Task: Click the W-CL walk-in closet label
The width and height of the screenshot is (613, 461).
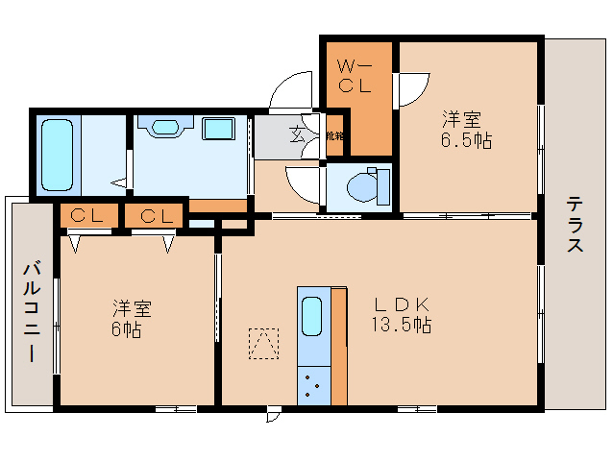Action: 353,76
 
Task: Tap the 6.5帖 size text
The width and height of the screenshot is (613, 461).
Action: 467,141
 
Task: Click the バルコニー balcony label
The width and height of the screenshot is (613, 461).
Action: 31,310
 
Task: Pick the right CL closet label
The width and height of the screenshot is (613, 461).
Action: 154,216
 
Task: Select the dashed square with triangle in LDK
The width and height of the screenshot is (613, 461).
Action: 262,343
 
